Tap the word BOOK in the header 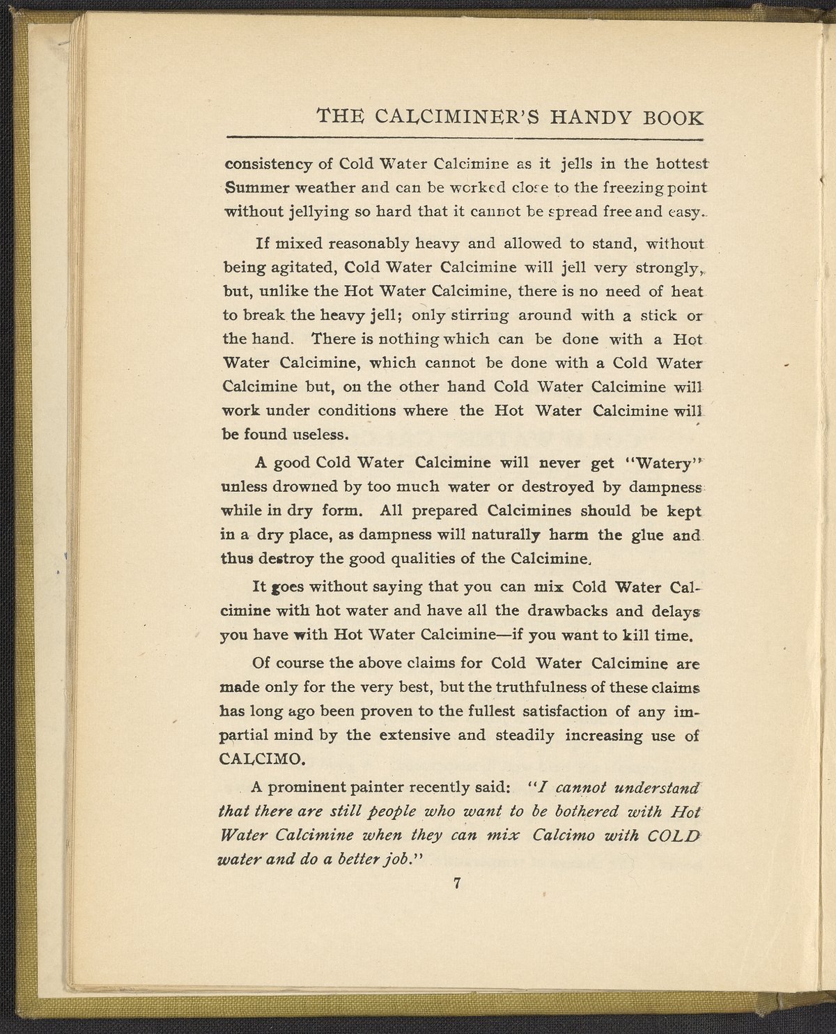(671, 116)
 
